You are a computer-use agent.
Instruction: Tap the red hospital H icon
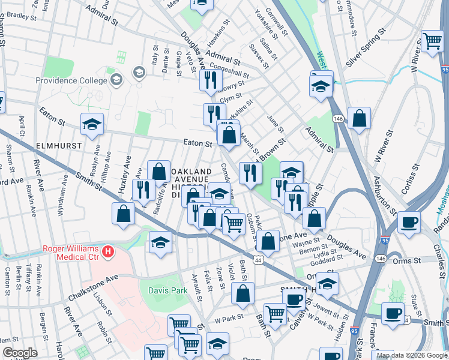pyautogui.click(x=108, y=251)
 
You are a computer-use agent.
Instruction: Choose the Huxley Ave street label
pyautogui.click(x=125, y=174)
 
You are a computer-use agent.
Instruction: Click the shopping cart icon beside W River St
pyautogui.click(x=432, y=41)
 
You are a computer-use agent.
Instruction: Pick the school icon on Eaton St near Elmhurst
pyautogui.click(x=91, y=125)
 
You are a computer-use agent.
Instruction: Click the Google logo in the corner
pyautogui.click(x=20, y=353)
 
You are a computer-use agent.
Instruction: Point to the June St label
pyautogui.click(x=275, y=124)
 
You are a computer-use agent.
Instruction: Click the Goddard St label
pyautogui.click(x=327, y=262)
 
